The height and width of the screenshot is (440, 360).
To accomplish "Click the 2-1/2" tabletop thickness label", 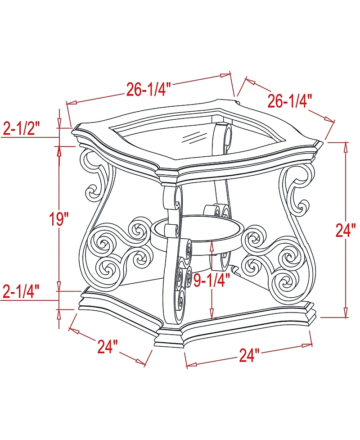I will coord(22,129).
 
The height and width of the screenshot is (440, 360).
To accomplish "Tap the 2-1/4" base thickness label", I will coord(21,292).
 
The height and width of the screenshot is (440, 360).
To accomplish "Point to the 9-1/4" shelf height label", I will coord(211,280).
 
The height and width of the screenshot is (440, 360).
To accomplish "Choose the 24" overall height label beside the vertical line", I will coord(346,230).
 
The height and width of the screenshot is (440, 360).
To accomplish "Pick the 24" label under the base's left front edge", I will coord(108,346).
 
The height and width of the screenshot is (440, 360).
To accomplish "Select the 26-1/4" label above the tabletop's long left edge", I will coord(147,90).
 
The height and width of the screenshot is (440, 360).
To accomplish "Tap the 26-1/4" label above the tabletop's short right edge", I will coord(290,101).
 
